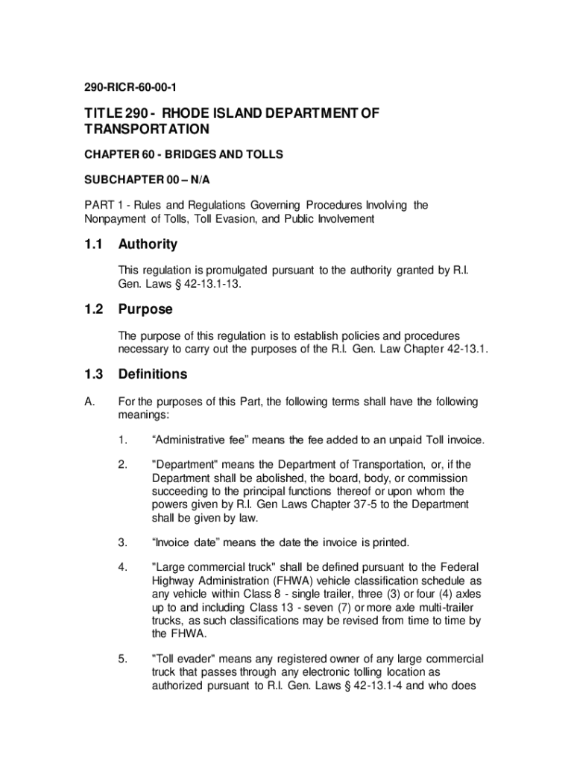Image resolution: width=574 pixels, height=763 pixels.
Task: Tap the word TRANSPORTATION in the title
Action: (x=146, y=129)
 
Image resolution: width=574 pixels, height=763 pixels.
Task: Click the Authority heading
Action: (x=148, y=244)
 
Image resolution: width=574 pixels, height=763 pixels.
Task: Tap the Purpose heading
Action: (x=145, y=309)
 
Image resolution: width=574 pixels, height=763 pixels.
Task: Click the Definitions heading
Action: (x=152, y=374)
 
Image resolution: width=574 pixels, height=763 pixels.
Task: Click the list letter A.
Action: (x=88, y=402)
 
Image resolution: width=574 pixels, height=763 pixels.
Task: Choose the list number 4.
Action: (x=122, y=567)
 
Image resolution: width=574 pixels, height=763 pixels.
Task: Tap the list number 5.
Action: (x=122, y=659)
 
